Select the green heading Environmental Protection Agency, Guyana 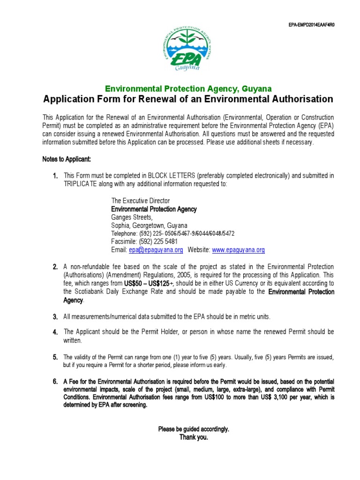coord(188,89)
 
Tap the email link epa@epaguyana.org coord(155,250)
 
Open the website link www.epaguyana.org coord(239,250)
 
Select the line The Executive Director coord(140,201)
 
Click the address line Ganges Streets coord(132,217)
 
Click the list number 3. coord(55,317)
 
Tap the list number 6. coord(55,382)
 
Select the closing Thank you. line coord(194,437)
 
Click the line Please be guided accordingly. coord(194,429)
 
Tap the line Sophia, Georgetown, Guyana coord(149,225)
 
